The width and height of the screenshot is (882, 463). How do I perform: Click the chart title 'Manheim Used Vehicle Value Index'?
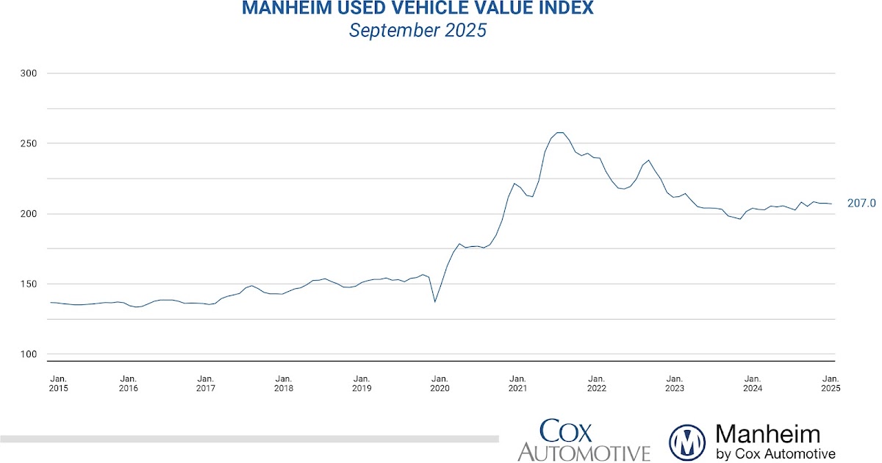(x=417, y=10)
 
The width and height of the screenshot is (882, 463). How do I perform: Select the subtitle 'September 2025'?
(x=417, y=32)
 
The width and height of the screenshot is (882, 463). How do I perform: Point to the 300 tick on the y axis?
(x=27, y=73)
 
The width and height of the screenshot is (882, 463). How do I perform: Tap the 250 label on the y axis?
(x=27, y=143)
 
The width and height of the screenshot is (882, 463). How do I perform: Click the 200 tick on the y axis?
(x=27, y=214)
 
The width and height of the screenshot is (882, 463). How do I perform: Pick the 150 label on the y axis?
(x=27, y=284)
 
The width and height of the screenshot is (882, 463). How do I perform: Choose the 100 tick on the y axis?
(x=27, y=354)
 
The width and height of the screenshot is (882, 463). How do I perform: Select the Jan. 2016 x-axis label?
(x=128, y=383)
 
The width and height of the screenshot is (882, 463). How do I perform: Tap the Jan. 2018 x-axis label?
(x=284, y=383)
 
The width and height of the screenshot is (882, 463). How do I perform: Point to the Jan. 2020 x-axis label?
(x=440, y=383)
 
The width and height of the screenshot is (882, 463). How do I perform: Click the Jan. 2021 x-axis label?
(x=518, y=383)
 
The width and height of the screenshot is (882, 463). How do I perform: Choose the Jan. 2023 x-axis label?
(x=674, y=383)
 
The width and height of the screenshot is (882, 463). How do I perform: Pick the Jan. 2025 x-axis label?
(x=831, y=383)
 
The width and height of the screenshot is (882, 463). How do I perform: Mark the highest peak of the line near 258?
(x=559, y=133)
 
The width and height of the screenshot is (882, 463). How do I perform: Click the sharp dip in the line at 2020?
(x=435, y=301)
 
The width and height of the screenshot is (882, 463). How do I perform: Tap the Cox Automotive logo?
(x=584, y=440)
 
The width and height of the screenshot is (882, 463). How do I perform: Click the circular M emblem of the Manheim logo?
(x=687, y=442)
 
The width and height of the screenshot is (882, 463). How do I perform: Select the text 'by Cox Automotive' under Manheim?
(x=775, y=453)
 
